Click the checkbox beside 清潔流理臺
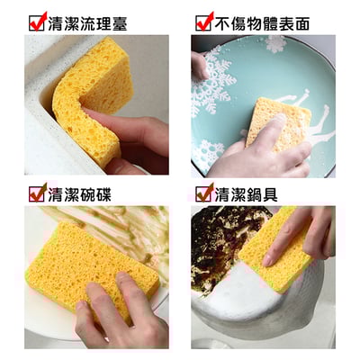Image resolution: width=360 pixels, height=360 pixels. (x=37, y=22)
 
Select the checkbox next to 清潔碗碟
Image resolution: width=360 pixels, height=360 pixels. (x=37, y=192)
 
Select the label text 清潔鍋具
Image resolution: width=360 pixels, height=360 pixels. (x=253, y=192)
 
